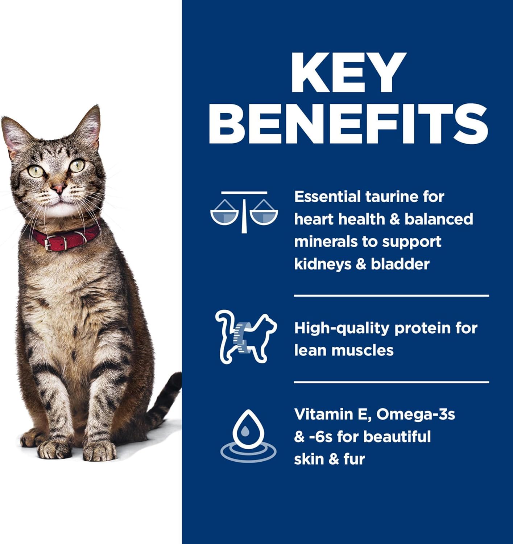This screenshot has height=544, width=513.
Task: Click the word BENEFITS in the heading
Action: pos(348,124)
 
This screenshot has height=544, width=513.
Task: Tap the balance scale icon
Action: pos(244,212)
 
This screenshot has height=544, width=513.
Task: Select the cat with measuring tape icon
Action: pos(246,337)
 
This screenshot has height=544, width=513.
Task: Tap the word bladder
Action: pos(400,264)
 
